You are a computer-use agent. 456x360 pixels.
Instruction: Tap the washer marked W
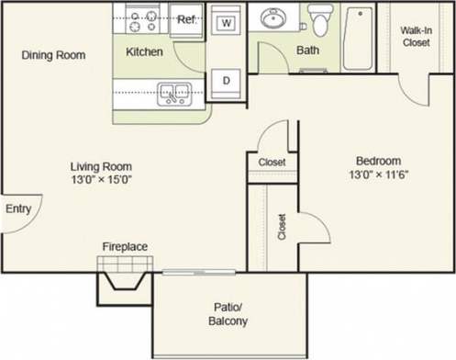[x=224, y=20]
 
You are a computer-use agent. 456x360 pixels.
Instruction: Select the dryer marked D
[x=224, y=81]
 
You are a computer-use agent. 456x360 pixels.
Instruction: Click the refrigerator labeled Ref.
[x=186, y=18]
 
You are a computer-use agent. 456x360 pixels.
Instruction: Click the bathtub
[x=358, y=39]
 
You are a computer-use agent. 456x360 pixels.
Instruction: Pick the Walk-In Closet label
[x=417, y=35]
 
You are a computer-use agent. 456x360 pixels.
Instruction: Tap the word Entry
[x=18, y=209]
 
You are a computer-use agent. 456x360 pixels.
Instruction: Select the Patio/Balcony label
[x=228, y=315]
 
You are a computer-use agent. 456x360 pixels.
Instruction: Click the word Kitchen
[x=144, y=52]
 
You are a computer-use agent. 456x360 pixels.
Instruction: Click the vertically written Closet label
[x=282, y=228]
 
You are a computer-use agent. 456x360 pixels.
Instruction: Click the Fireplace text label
[x=124, y=246]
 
